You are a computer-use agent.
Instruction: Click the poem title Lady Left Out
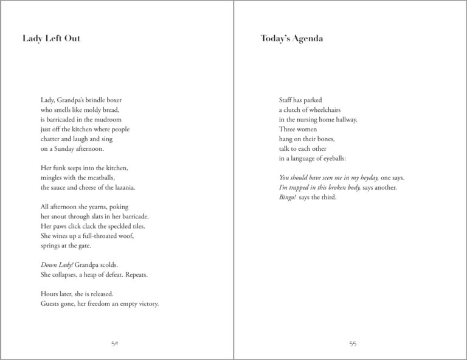click(x=51, y=39)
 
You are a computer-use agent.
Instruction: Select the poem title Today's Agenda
click(x=291, y=39)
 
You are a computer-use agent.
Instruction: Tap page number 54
click(x=114, y=344)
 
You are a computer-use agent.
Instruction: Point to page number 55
click(x=353, y=344)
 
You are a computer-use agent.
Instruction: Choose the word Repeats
click(x=136, y=275)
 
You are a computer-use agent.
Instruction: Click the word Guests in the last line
click(x=50, y=304)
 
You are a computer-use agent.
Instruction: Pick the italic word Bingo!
click(x=288, y=197)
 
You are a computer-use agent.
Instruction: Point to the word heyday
click(x=368, y=178)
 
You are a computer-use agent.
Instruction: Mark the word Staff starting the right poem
click(x=286, y=100)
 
